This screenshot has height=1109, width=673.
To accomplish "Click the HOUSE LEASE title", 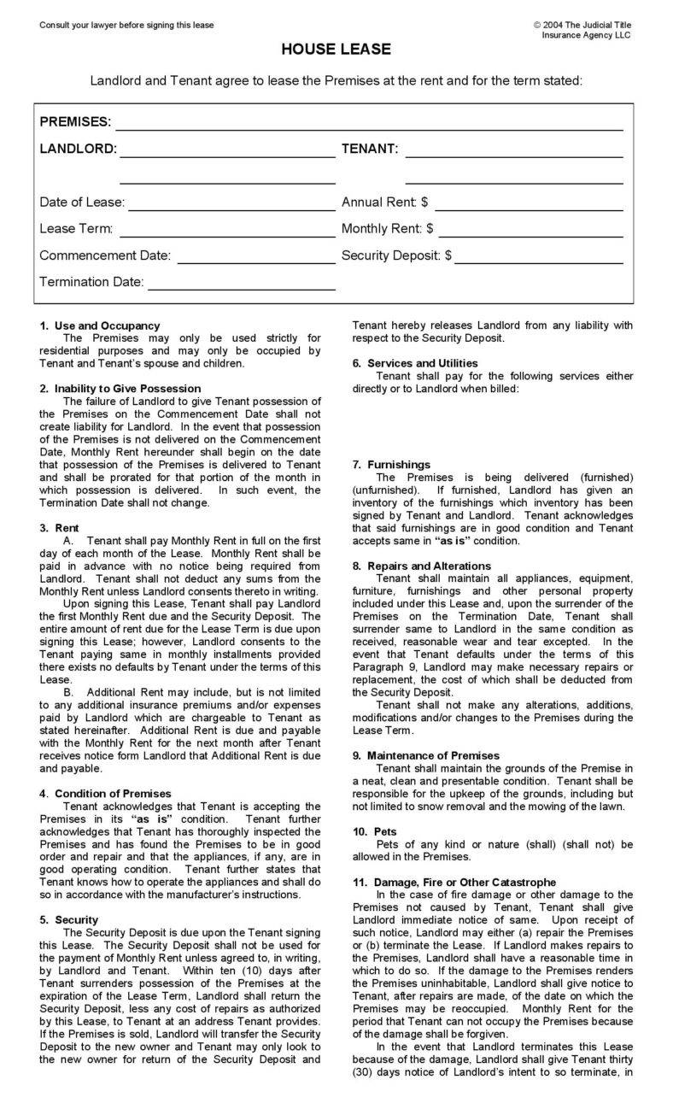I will point(336,50).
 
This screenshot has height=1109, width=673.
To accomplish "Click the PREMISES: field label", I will point(75,122).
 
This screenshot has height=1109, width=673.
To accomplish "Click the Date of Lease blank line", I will point(231,208).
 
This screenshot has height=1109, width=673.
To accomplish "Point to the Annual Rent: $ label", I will point(384,202).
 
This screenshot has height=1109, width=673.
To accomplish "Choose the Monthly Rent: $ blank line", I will point(530,235).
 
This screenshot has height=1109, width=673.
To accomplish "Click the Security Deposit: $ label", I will point(396,255).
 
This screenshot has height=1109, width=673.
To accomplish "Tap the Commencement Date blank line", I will point(255,261).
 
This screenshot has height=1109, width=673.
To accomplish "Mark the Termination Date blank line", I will point(242,288).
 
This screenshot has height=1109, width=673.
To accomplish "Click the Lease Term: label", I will point(76,229).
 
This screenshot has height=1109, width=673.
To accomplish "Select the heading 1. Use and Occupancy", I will point(100,326).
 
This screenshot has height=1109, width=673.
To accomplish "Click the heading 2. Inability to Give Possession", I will point(120,388).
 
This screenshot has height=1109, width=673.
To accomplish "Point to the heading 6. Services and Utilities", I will point(416,363).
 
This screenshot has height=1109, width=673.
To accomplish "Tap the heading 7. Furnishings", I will point(392,464).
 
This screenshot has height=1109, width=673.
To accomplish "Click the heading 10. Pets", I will point(374,831).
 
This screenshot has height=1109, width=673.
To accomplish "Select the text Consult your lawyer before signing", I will point(126,25).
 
